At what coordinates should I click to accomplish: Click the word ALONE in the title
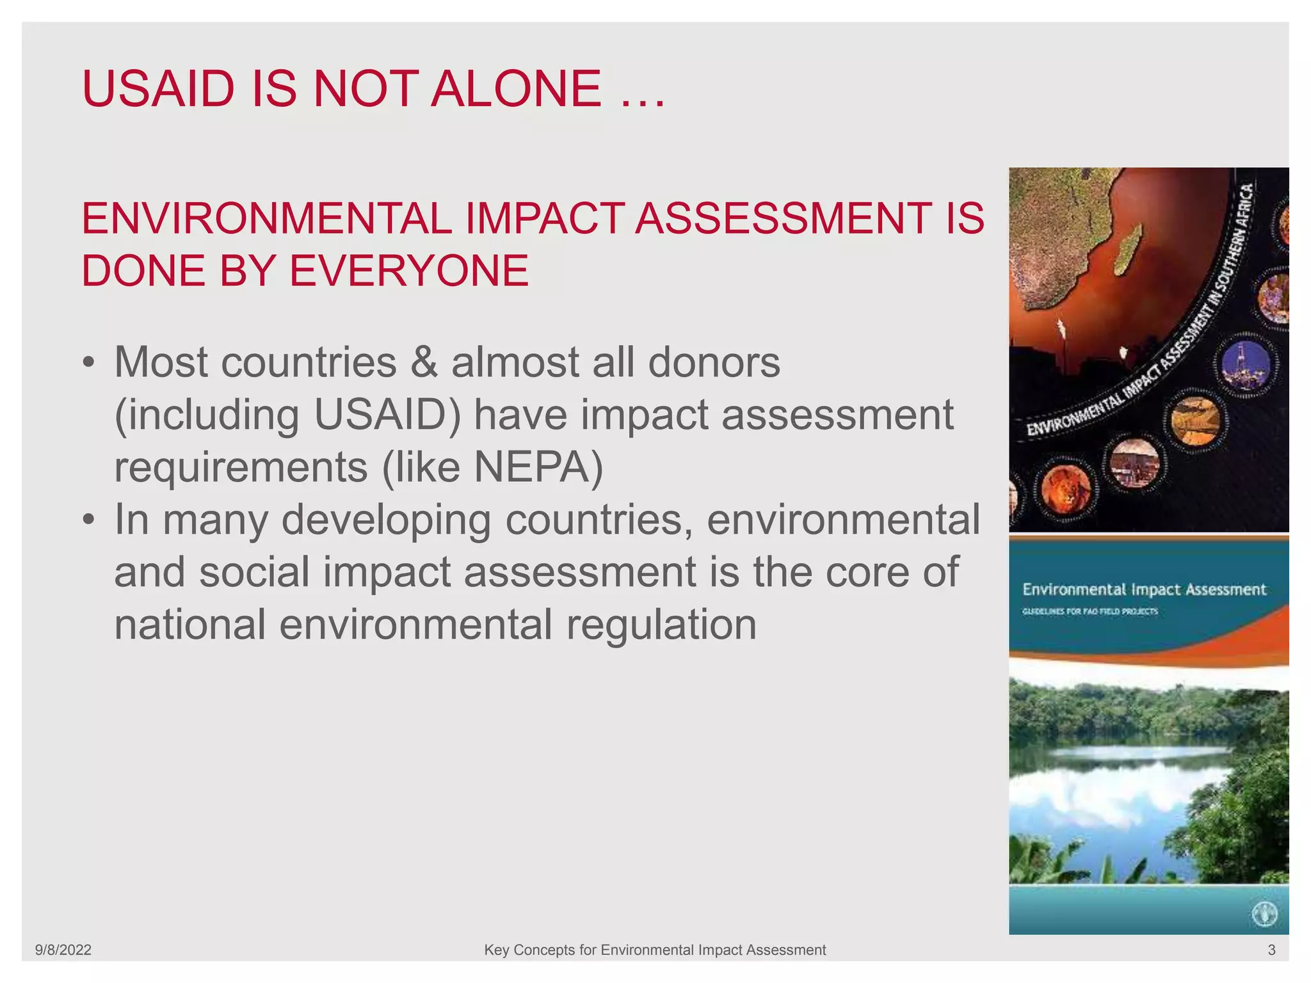(516, 89)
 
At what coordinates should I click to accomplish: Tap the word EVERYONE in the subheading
(409, 271)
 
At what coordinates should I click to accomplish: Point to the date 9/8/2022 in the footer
(63, 950)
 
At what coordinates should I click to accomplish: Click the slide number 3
(1271, 950)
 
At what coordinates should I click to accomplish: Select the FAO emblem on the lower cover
(1264, 914)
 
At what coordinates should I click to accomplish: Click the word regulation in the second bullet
(661, 625)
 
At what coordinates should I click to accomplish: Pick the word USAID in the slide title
(159, 89)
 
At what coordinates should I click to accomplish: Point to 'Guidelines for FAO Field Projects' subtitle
(1090, 611)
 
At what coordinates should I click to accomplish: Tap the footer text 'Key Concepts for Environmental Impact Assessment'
(655, 950)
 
